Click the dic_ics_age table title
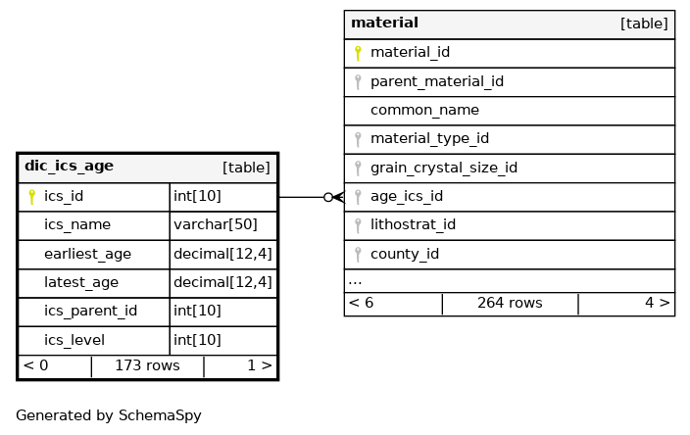coord(69,166)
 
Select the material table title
coord(384,23)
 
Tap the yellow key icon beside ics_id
coord(31,197)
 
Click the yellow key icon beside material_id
coord(358,53)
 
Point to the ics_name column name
coord(77,224)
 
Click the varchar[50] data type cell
coord(216,224)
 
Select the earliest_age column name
coord(87,254)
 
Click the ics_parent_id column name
coord(90,311)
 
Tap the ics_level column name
coord(74,340)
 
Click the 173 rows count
coord(147,365)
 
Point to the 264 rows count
coord(510,303)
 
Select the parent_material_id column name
coord(437,82)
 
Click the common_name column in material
coord(424,110)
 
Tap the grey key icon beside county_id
coord(358,254)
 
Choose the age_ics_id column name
coord(407,197)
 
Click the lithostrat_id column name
coord(413,224)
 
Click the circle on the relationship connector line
coord(328,197)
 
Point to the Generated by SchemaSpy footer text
coord(109,415)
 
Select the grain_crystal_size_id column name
coord(444,168)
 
